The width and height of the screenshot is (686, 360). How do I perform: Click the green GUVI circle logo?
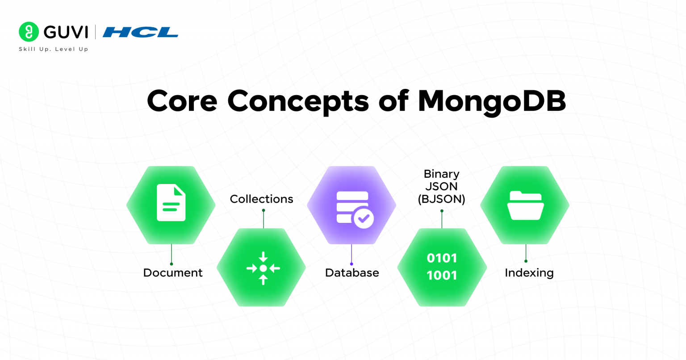[29, 32]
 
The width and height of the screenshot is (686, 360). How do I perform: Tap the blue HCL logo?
[140, 32]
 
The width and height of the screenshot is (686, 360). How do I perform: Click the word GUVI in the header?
[66, 32]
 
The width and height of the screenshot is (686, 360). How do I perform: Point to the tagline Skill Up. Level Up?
[54, 49]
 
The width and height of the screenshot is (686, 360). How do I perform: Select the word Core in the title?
[182, 101]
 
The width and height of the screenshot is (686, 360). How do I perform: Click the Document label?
[173, 273]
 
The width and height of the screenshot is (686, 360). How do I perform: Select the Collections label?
[262, 199]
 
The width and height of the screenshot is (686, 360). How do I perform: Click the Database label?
[352, 273]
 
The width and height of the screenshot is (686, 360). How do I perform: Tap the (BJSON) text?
[442, 199]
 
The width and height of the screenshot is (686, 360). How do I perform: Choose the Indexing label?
[529, 273]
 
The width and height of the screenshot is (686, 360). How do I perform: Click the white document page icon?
[171, 202]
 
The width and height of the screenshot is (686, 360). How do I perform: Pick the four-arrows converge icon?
[263, 268]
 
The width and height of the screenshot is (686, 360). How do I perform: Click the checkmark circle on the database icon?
[364, 218]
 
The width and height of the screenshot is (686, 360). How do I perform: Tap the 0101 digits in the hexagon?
[442, 258]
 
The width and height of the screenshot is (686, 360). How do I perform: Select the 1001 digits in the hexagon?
[442, 276]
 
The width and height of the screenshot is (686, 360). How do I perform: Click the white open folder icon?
[526, 205]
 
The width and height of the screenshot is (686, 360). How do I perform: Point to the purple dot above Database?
[351, 264]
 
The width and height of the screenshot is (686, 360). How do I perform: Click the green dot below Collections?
[264, 210]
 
